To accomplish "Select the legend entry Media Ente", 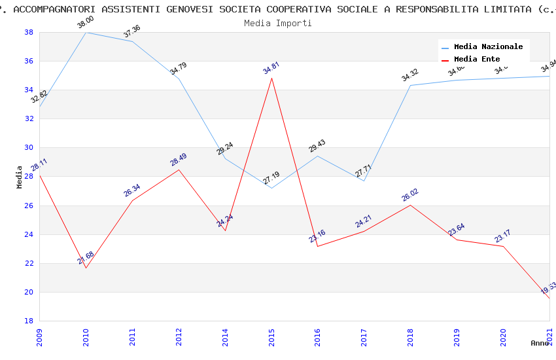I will point(477,59).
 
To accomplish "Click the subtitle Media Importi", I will point(277,23).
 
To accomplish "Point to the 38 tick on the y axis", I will point(29,32).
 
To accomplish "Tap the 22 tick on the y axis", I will point(29,263).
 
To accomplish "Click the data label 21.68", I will point(86,257).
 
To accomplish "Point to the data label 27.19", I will point(271,177).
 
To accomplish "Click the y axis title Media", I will point(20,177).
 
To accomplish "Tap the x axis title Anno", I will point(540,343).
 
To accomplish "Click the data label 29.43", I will point(317,145).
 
